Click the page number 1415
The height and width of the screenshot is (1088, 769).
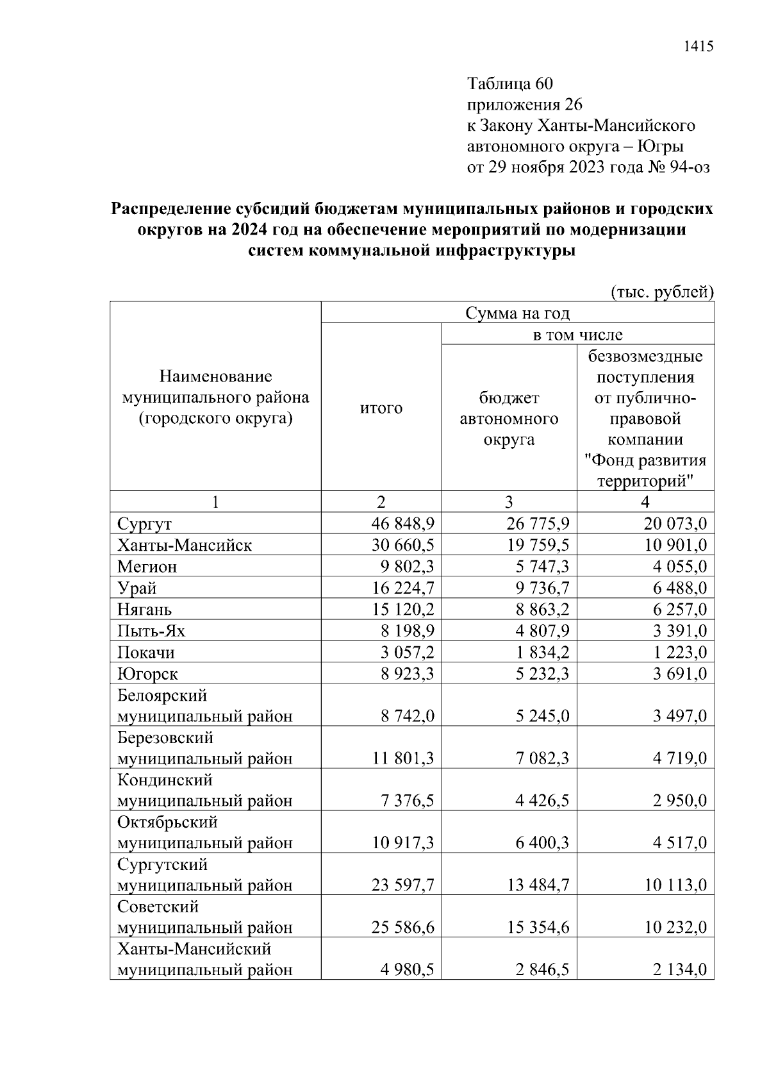(698, 46)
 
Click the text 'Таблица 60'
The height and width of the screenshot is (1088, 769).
(509, 84)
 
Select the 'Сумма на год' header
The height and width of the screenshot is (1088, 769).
(517, 313)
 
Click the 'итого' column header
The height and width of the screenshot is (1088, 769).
(381, 408)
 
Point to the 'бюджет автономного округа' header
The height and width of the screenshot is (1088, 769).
(509, 419)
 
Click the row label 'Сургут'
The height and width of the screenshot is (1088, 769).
(144, 524)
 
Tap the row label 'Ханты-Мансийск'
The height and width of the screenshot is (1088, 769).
(185, 545)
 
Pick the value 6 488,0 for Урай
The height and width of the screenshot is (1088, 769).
(680, 588)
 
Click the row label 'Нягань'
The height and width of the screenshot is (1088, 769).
(144, 609)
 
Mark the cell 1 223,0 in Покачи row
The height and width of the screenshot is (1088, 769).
(680, 652)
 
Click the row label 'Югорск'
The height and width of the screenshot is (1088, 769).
(147, 674)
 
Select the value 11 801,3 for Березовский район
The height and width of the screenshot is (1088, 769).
(402, 758)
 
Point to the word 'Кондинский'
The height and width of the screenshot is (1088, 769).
(165, 780)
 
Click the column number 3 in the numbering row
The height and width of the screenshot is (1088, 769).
(509, 502)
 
